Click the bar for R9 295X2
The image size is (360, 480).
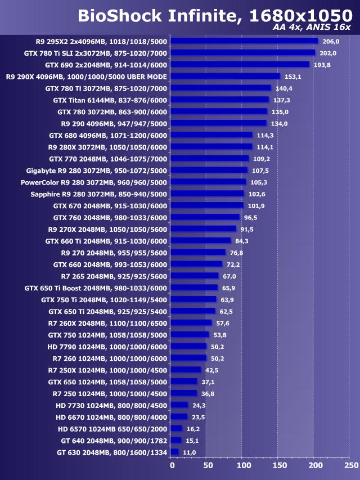point(244,41)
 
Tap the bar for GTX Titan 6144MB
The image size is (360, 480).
point(219,100)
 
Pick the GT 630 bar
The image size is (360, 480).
point(174,452)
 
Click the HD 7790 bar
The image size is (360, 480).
point(188,346)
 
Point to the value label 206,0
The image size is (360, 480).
point(330,41)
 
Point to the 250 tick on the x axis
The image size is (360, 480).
point(351,465)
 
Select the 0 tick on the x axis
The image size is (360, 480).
point(172,465)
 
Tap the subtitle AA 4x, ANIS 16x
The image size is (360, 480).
point(311,27)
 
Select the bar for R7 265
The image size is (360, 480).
point(194,276)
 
